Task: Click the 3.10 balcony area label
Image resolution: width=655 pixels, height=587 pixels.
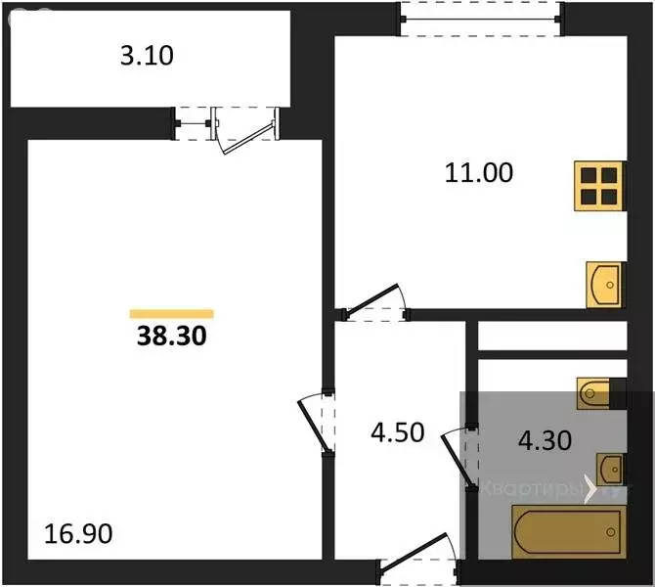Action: [147, 56]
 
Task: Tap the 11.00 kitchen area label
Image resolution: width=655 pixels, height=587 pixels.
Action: [479, 173]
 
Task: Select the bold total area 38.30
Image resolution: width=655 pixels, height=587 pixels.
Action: [171, 338]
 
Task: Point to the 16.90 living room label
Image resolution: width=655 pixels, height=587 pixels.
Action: [79, 534]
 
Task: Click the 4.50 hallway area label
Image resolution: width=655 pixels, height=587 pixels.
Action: [397, 432]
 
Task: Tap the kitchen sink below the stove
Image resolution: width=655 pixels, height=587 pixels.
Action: [605, 284]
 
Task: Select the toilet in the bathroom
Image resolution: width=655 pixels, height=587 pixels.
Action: [598, 393]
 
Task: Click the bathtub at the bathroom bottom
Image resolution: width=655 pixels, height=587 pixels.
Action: [567, 531]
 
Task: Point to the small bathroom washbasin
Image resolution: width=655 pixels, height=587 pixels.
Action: [609, 467]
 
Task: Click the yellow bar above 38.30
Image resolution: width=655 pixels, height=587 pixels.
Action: [171, 314]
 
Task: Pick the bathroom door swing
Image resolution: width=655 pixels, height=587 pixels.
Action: [459, 458]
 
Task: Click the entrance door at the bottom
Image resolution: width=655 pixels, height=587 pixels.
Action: [415, 568]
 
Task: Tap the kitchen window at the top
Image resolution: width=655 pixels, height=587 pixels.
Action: [481, 18]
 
